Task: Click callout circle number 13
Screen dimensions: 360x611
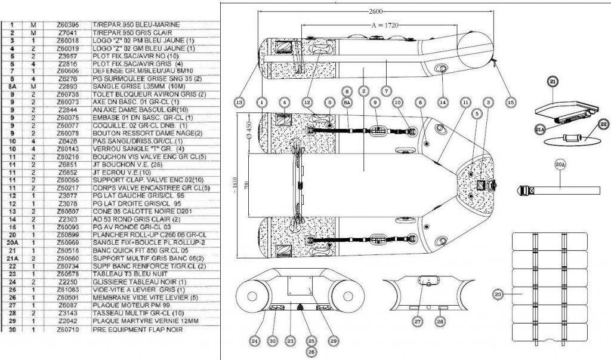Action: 239,102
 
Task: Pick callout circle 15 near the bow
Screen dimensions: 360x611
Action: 510,102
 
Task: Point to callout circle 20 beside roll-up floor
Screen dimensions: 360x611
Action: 498,293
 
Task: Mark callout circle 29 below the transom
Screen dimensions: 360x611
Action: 332,341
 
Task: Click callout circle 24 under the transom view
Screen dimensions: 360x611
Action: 255,341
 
